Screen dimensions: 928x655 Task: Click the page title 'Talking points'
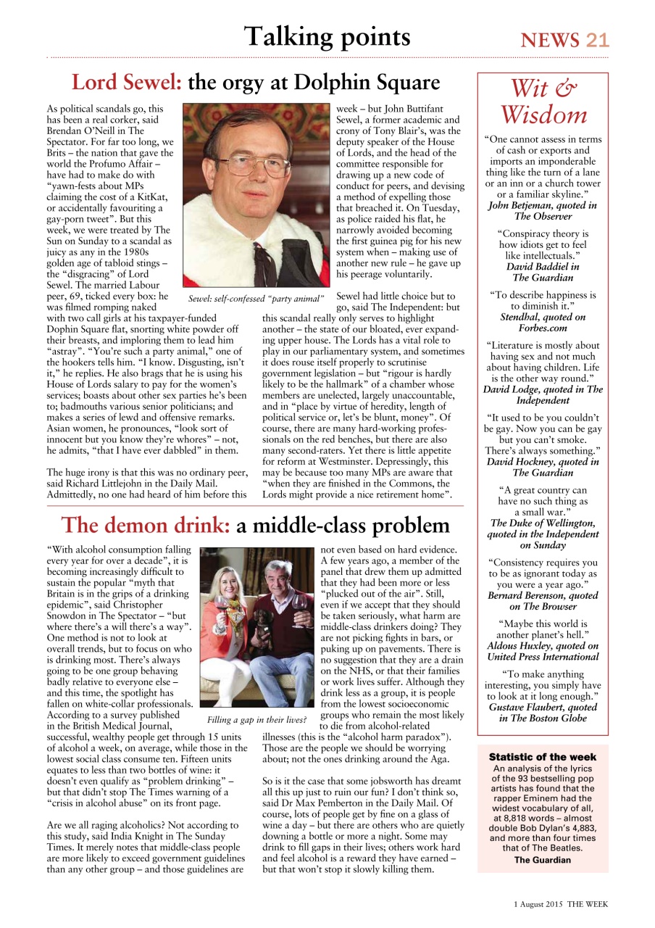point(327,36)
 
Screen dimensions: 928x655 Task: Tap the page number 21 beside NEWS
point(598,40)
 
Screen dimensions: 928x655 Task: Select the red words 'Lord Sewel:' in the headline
point(126,83)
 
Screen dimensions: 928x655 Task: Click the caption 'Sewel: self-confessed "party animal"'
point(256,298)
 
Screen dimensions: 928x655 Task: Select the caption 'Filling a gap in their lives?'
point(256,720)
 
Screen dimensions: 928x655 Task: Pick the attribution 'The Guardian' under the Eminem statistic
point(542,860)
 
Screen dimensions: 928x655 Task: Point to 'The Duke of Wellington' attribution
point(543,523)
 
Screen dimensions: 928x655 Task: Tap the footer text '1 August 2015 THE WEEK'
point(561,904)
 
